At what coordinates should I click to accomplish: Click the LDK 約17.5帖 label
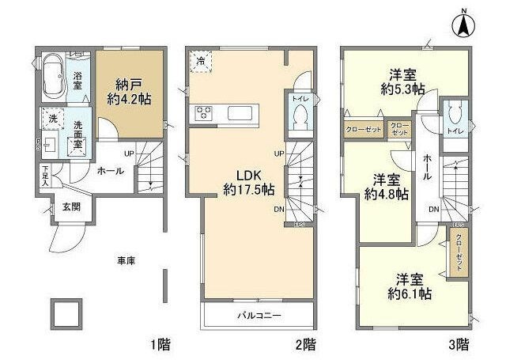pyautogui.click(x=247, y=181)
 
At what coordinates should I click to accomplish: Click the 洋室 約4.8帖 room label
pyautogui.click(x=385, y=185)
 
